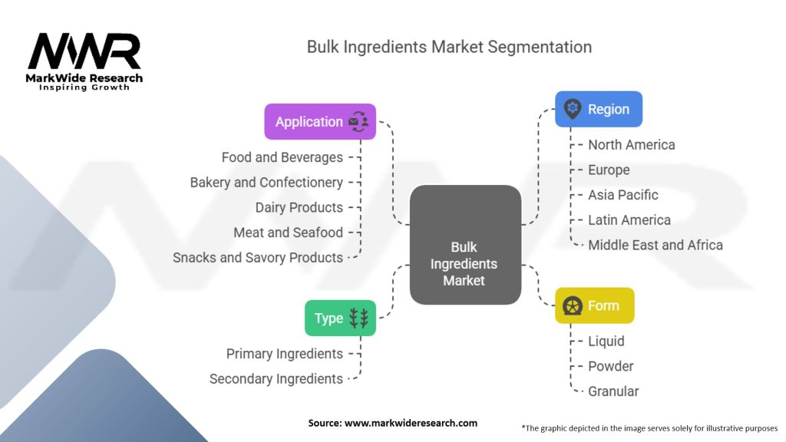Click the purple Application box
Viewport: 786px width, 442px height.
(320, 122)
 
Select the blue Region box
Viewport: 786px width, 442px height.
(598, 109)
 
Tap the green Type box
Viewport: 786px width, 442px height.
(340, 318)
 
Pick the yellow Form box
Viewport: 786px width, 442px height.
(594, 305)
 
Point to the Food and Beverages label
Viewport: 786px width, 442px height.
(282, 157)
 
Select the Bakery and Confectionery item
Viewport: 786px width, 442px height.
(266, 183)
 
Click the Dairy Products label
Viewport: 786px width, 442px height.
(299, 207)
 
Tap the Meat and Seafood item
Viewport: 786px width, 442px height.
(288, 233)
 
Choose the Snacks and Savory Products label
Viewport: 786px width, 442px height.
(258, 258)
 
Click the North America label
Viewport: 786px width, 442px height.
(632, 145)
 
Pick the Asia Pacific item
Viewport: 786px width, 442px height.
(623, 195)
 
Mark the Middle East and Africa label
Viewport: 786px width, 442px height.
(656, 246)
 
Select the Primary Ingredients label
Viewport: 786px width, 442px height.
(284, 354)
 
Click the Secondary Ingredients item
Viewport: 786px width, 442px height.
(276, 379)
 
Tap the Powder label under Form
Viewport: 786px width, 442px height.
(611, 366)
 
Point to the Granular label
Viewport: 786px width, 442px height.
(613, 391)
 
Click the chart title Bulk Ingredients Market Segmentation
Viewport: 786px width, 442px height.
(449, 47)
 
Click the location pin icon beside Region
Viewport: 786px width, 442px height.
(572, 109)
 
